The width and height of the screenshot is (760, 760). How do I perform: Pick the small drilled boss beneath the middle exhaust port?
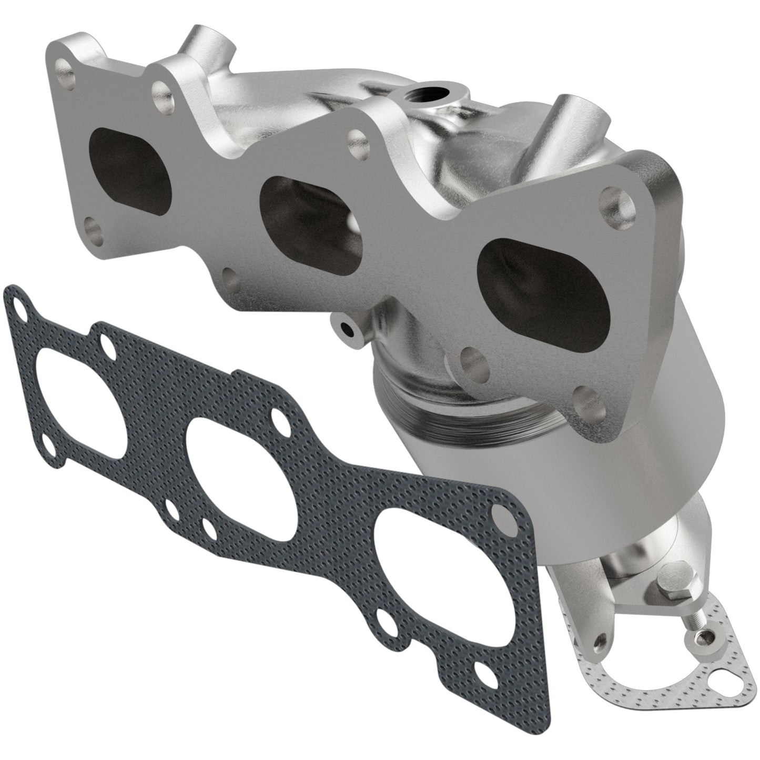pyautogui.click(x=347, y=330)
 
